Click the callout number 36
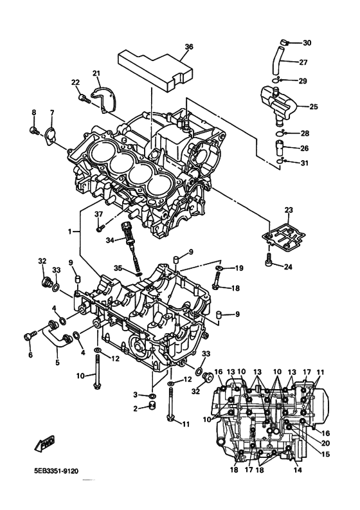(188, 47)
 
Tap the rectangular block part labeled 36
(155, 68)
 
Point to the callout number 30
(307, 43)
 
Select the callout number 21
(96, 73)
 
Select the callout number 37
(99, 214)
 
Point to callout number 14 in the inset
(296, 470)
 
